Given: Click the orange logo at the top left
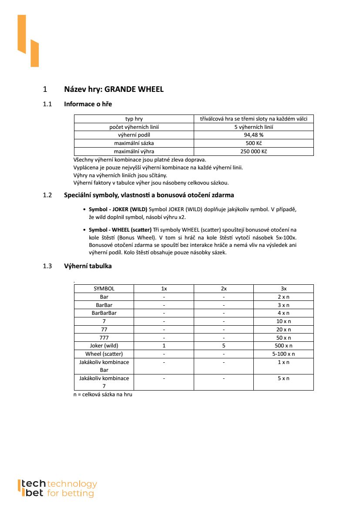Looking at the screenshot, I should pos(28,40).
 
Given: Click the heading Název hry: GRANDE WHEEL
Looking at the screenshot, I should pos(114,89).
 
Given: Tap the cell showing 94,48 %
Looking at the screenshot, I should pos(253,135).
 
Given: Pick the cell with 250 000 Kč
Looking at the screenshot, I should pos(253,152).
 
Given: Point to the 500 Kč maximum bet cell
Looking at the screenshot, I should pos(253,143).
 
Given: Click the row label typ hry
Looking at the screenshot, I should pos(134,118).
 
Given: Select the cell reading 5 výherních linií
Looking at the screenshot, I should pos(253,127).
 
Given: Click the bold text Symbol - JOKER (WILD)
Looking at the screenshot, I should pos(118,209).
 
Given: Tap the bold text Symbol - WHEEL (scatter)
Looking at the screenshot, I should pos(120,229).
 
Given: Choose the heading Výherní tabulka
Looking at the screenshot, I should pos(87,266).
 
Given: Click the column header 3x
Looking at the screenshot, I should pos(283,288).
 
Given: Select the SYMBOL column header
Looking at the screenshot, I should pos(104,288).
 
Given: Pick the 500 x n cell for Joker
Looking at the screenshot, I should pos(283,346).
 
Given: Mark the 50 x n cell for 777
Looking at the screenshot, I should pos(283,337).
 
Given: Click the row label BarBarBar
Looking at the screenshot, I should pos(104,313).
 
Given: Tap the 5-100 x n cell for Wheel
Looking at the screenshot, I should pos(283,354).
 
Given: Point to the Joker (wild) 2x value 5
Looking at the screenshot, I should pos(224,346).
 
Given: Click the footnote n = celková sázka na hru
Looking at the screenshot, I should pos(103,394).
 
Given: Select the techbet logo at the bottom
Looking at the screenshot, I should pos(57,488).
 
